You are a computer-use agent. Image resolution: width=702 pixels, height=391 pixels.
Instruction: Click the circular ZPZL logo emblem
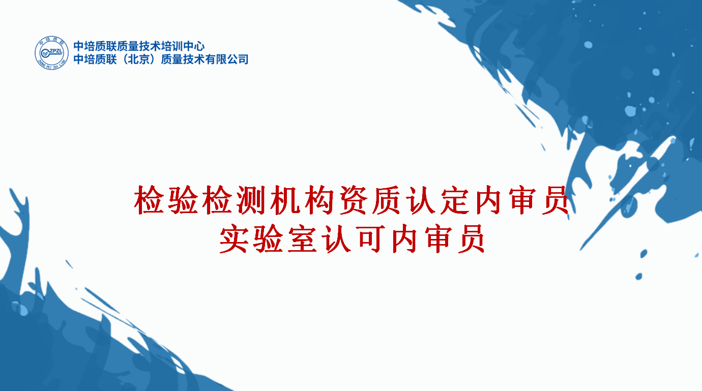51,53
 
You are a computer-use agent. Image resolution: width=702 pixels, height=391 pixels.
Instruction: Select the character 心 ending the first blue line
199,46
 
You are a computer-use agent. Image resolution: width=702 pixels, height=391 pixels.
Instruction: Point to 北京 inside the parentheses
139,59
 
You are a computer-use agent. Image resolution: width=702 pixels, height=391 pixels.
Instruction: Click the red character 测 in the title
251,200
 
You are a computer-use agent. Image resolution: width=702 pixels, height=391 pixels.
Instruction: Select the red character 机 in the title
285,200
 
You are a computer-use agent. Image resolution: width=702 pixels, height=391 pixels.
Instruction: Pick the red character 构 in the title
319,200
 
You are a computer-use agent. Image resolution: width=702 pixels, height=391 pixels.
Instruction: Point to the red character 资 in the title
353,200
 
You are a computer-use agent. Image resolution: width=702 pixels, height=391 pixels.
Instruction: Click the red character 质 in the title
387,200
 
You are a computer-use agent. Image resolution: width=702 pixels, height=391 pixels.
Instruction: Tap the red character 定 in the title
456,200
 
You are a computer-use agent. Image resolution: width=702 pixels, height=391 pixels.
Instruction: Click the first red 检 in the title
149,200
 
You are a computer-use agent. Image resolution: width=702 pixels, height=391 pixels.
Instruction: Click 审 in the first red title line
524,200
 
